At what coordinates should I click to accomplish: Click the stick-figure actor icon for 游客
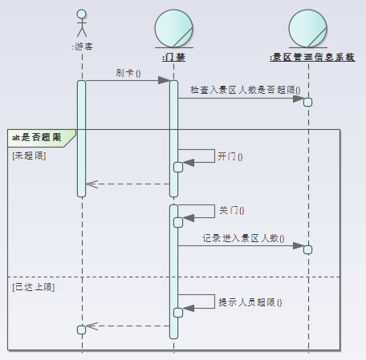81,23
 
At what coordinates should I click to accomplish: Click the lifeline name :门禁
173,57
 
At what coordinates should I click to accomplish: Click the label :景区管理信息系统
312,57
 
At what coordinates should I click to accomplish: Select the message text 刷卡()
128,73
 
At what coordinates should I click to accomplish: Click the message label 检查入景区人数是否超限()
245,91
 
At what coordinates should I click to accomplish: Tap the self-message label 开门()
230,156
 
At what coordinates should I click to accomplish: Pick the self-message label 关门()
230,211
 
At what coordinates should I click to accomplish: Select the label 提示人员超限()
250,302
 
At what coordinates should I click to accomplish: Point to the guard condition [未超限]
29,155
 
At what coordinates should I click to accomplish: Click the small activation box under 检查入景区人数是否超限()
307,102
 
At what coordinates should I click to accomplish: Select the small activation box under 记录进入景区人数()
307,249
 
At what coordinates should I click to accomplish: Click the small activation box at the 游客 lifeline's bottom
81,330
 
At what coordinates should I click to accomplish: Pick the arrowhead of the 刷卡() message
165,80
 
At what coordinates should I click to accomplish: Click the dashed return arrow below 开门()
128,184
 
